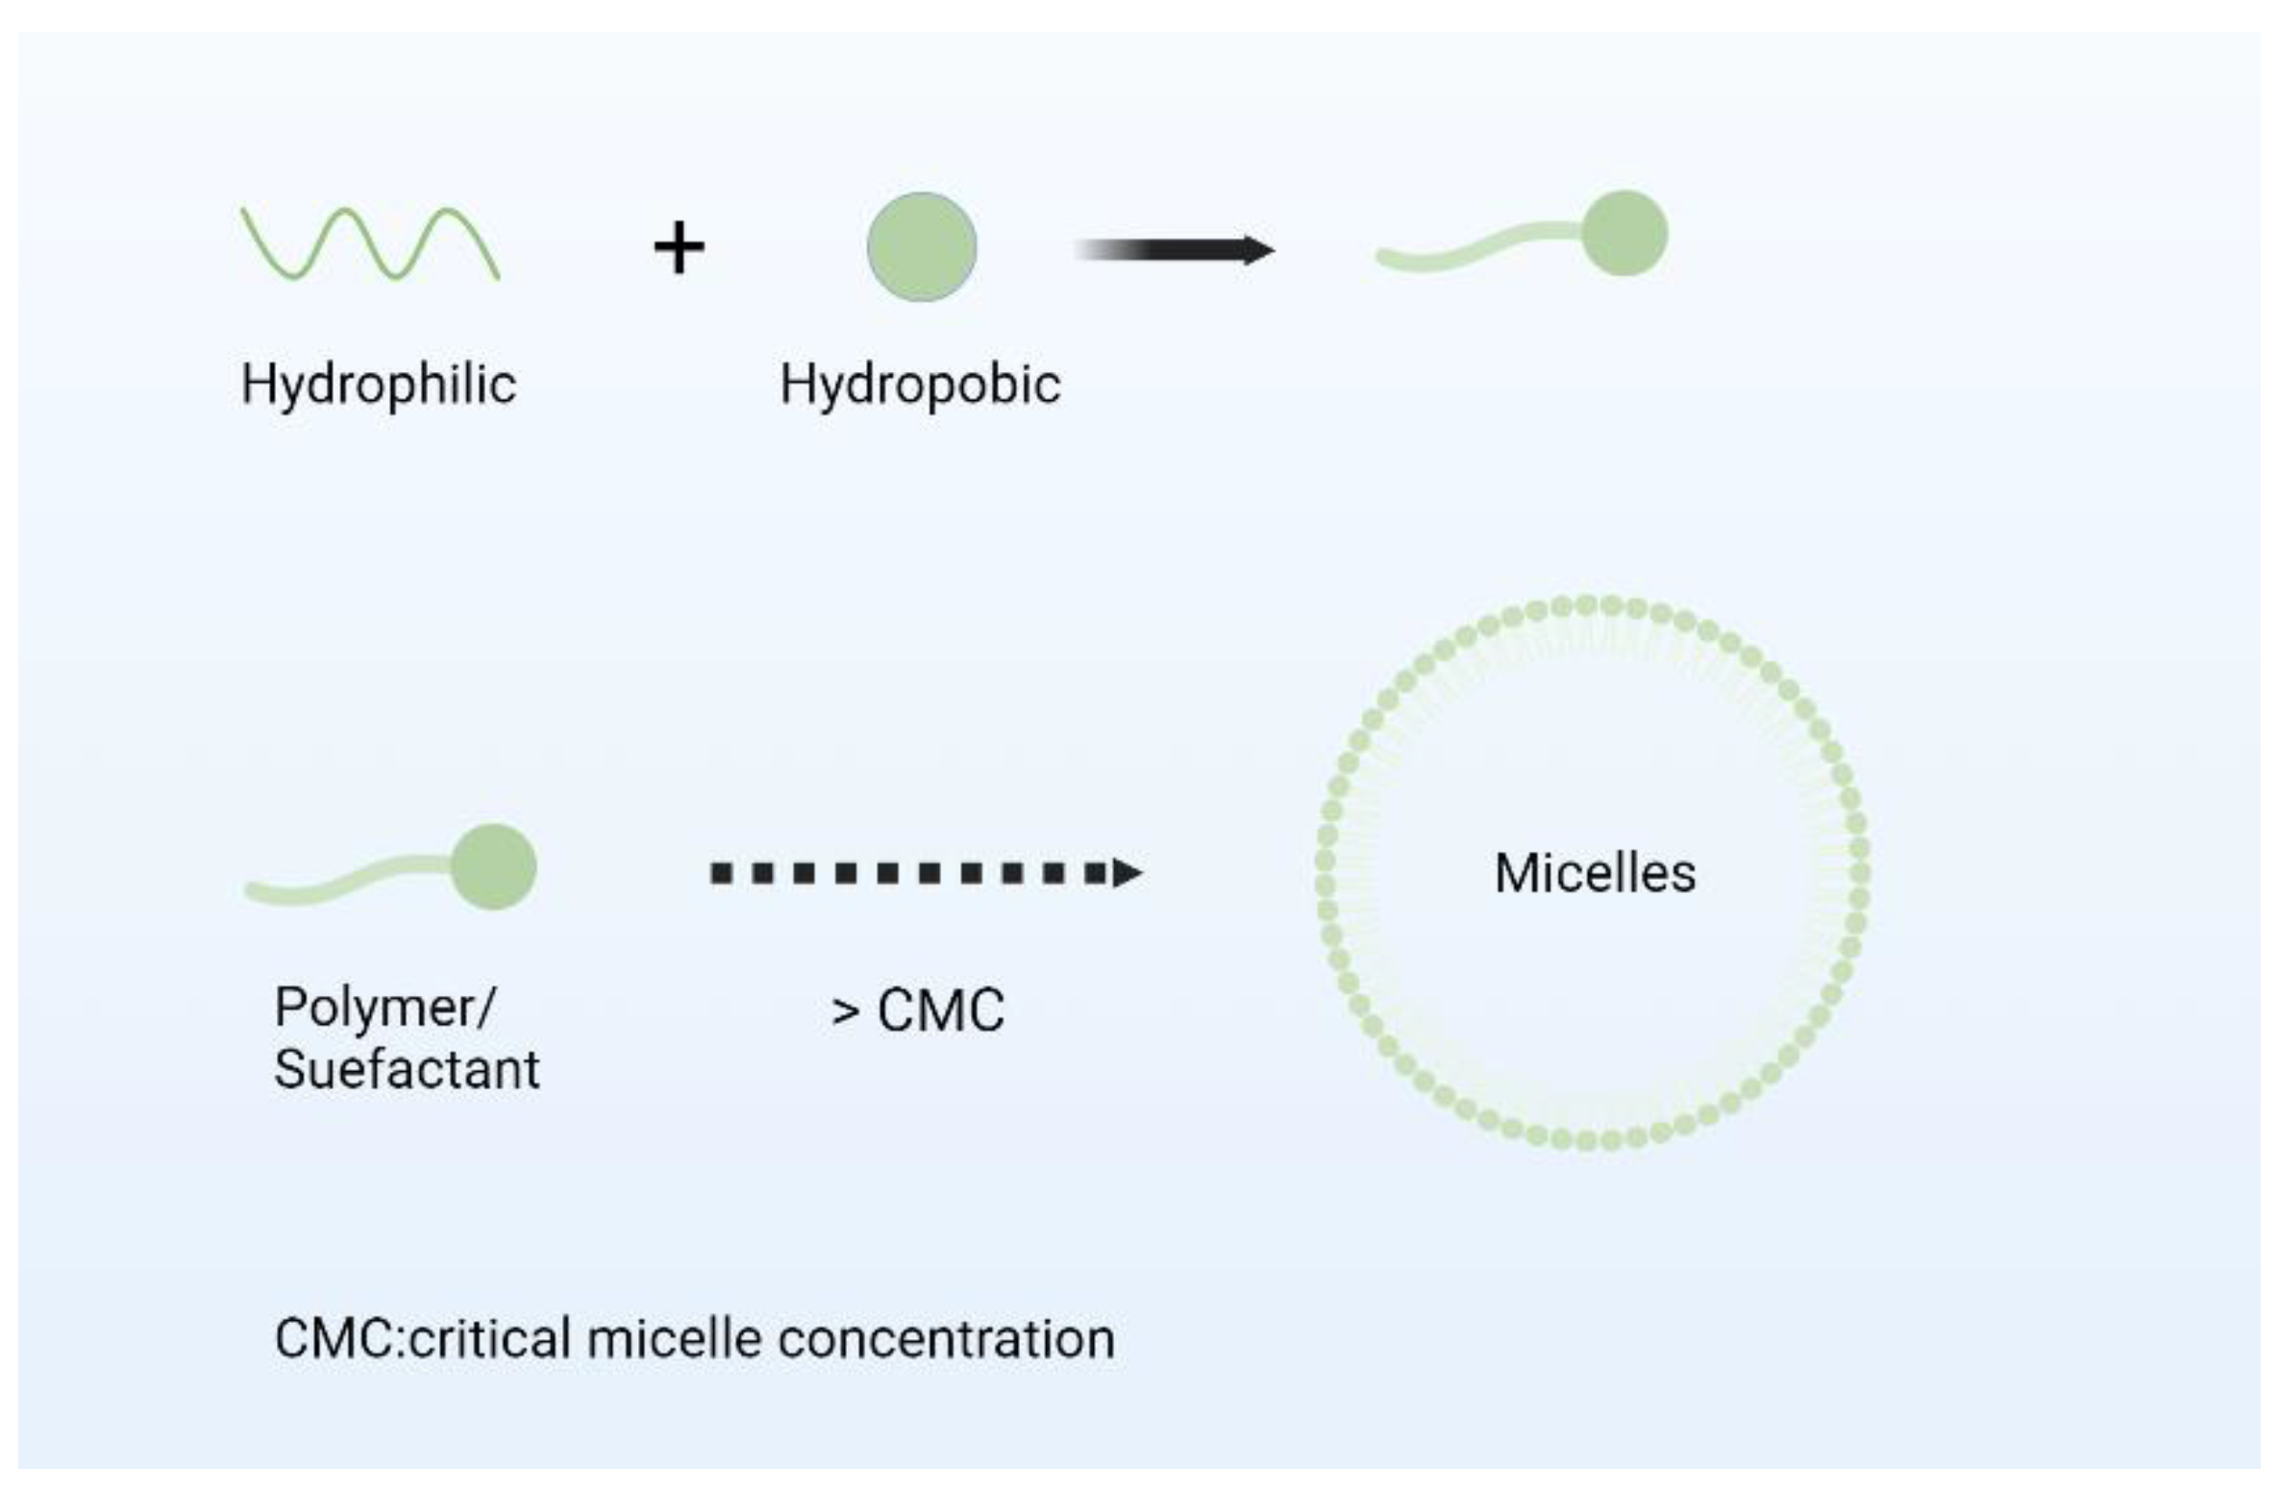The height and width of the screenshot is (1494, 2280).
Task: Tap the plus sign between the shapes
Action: [x=679, y=247]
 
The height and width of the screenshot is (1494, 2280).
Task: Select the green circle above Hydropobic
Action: [x=921, y=247]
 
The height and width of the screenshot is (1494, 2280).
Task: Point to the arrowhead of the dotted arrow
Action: [x=1127, y=873]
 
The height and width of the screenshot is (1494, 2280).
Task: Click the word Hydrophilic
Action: [x=378, y=386]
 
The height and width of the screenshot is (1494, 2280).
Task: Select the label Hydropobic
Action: [x=920, y=386]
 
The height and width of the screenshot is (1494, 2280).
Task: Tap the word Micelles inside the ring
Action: [x=1595, y=874]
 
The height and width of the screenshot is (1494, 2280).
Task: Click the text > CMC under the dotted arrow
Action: [x=918, y=1010]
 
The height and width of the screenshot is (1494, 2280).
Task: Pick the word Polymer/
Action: [x=384, y=1008]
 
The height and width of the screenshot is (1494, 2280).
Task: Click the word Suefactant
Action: [x=407, y=1069]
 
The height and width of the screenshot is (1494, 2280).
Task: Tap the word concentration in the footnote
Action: [x=946, y=1339]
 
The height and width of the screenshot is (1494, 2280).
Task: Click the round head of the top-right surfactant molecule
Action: [x=1623, y=234]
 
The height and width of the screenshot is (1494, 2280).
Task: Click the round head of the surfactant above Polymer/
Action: [x=493, y=866]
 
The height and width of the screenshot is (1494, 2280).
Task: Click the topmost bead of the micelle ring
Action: [x=1586, y=605]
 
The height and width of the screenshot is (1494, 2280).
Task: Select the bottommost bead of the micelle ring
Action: [x=1586, y=1141]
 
